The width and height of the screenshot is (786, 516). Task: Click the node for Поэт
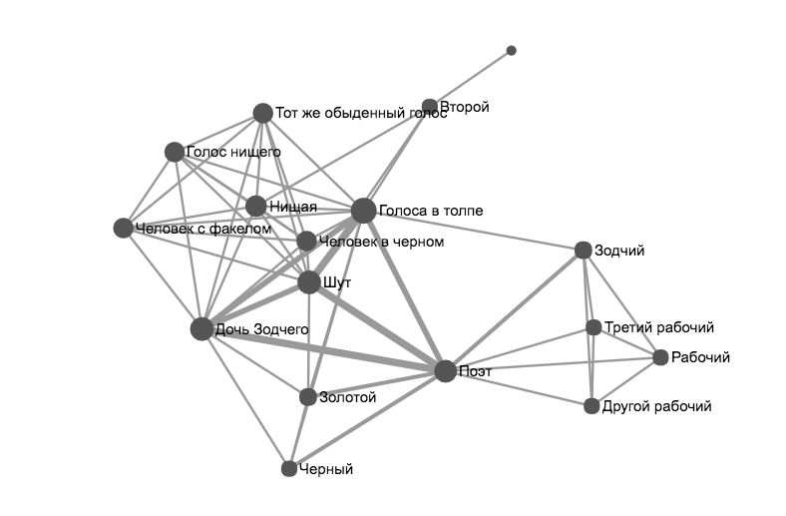(x=445, y=370)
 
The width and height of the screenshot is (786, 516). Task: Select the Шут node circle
(x=309, y=282)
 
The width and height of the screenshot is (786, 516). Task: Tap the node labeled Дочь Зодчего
(x=201, y=328)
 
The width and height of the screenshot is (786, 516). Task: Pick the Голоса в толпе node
(x=363, y=211)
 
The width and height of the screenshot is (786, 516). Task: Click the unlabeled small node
(x=511, y=50)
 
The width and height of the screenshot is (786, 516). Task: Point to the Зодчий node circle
(x=584, y=251)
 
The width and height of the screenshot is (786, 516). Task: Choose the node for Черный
(x=289, y=468)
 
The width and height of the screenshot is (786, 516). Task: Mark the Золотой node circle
(x=308, y=397)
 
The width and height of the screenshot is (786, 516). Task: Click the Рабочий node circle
(x=660, y=357)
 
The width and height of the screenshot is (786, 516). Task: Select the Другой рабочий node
(x=591, y=406)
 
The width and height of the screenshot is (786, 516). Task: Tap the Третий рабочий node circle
(x=593, y=327)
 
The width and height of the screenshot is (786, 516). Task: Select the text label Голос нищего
(x=233, y=152)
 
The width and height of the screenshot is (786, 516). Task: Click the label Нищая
(x=293, y=207)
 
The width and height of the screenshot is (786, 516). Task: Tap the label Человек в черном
(x=380, y=242)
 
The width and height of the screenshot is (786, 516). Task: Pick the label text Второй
(x=465, y=107)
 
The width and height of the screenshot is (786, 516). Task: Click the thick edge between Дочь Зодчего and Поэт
(x=323, y=349)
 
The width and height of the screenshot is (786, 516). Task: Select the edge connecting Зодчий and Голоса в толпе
(x=474, y=231)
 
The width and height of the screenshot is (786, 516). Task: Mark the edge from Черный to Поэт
(x=367, y=419)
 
